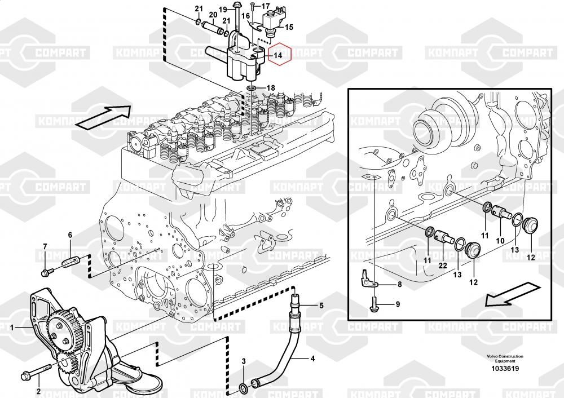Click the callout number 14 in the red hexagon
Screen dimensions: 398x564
click(277, 55)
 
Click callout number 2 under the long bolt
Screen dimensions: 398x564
click(38, 391)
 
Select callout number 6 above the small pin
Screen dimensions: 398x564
click(70, 235)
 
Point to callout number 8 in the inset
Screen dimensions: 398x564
click(399, 285)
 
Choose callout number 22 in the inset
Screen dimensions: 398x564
click(442, 266)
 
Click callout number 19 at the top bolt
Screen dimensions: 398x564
click(222, 9)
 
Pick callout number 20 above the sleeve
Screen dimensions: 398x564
click(213, 15)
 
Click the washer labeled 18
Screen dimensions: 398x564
click(252, 89)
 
